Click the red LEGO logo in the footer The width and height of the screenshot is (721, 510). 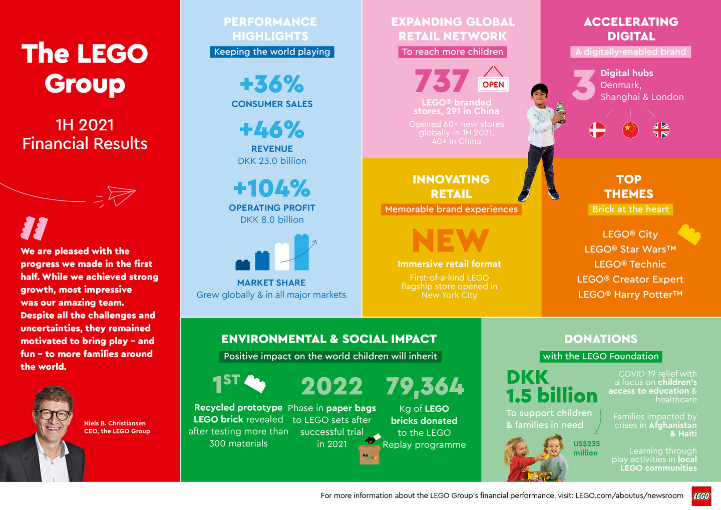[701, 496]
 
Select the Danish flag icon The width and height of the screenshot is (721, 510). [597, 130]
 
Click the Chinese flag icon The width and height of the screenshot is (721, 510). [630, 130]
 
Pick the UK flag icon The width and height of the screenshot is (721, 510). [661, 130]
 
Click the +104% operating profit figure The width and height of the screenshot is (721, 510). [272, 189]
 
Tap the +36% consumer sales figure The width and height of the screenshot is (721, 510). [272, 84]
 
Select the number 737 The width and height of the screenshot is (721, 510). [442, 81]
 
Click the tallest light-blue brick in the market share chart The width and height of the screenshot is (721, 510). [301, 252]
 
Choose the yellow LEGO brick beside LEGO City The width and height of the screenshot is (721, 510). [689, 234]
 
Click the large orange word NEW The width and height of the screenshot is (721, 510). [451, 241]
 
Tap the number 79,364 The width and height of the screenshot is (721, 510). [425, 386]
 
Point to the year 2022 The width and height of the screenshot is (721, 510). [331, 386]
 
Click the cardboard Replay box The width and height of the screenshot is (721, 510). [370, 454]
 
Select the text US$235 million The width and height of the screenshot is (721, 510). [586, 448]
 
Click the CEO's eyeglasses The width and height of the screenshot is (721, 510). [53, 414]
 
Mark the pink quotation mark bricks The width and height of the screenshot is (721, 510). [34, 228]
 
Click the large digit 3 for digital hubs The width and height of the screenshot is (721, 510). [584, 85]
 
